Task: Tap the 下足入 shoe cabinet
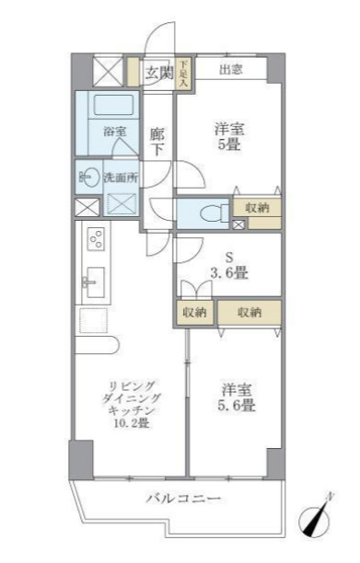pos(183,74)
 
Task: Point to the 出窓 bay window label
pos(232,70)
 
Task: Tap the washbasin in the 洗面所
pos(88,176)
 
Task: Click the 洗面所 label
pos(120,178)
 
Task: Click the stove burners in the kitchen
pos(94,239)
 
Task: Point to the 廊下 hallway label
pos(157,141)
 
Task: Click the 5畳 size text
pos(228,144)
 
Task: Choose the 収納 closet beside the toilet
pos(257,208)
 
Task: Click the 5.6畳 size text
pos(237,405)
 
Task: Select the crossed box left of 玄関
pos(109,72)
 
